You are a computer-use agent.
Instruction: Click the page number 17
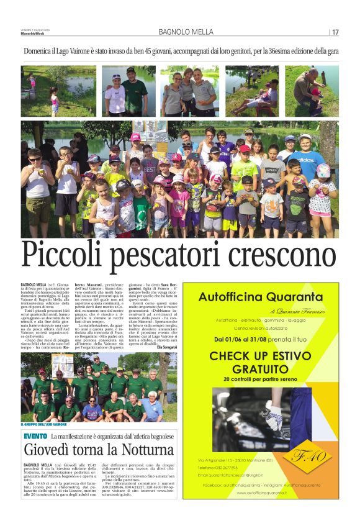(x=335, y=32)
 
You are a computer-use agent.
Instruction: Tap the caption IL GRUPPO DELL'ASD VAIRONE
(x=47, y=424)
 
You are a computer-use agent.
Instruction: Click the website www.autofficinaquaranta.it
(x=261, y=492)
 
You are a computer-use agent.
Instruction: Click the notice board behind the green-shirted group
(x=64, y=364)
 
